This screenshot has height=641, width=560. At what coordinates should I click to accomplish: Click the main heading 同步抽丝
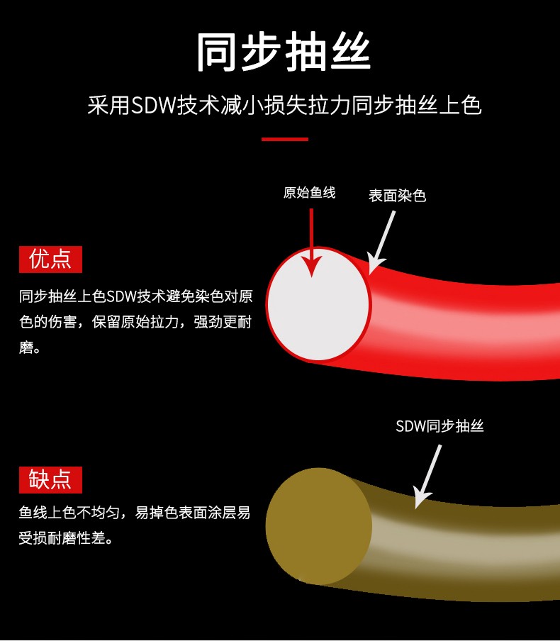coord(284,52)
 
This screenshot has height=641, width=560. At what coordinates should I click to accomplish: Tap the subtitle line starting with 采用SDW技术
coord(284,106)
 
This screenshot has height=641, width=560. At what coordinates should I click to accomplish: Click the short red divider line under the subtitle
coord(284,139)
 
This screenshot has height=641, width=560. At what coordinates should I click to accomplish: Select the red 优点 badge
coord(50,260)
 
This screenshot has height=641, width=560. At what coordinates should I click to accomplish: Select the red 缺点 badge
coord(50,480)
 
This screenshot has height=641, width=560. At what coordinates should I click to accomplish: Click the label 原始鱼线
coord(309,192)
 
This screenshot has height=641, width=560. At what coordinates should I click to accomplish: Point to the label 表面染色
coord(397,196)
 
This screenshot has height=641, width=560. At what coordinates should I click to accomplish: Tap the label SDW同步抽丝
coord(439,426)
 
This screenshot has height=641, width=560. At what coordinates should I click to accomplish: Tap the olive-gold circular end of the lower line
coord(318,526)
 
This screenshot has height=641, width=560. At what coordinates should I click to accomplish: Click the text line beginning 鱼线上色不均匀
coord(135,513)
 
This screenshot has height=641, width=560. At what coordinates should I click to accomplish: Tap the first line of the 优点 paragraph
coord(135,296)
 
